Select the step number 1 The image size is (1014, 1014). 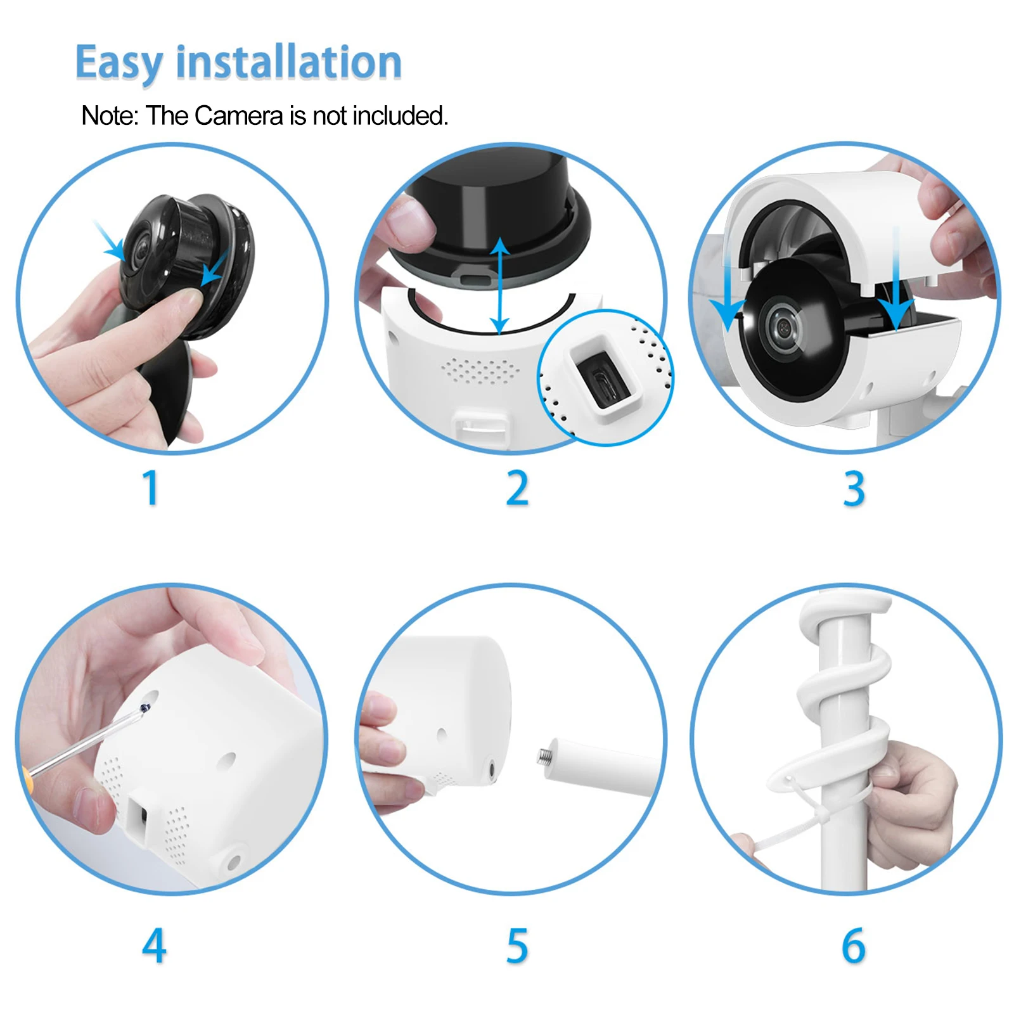(150, 488)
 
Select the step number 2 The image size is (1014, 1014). (517, 488)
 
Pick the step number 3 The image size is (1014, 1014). (854, 489)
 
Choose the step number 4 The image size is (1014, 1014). (154, 946)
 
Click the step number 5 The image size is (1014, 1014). (517, 946)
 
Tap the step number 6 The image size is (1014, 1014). (854, 946)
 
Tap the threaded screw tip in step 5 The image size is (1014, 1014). (544, 755)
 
